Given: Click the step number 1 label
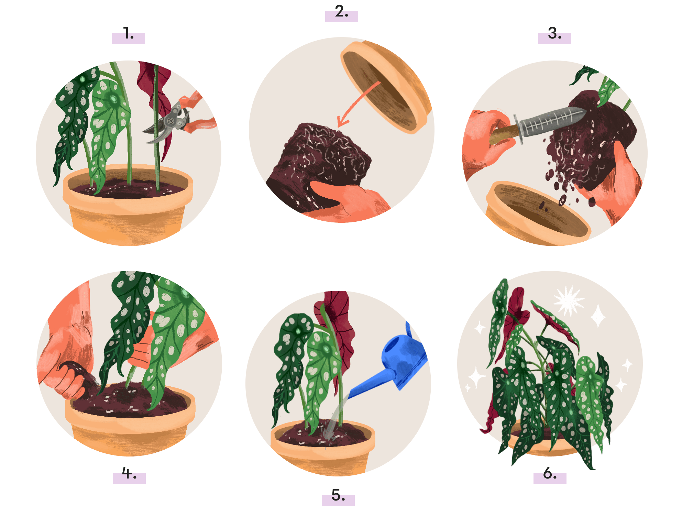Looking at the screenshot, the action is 129,34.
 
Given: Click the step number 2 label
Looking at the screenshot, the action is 341,12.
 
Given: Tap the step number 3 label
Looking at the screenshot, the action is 554,34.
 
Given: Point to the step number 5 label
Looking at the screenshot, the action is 338,495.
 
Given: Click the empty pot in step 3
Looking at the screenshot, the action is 538,213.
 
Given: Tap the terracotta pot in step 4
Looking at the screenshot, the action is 130,423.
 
